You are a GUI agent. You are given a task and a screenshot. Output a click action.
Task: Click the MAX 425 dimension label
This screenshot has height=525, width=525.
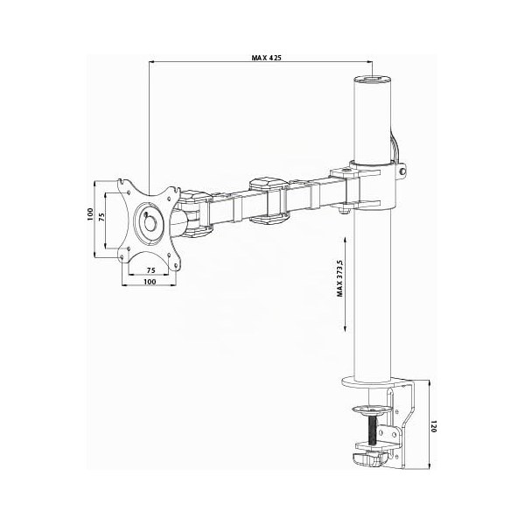(266, 58)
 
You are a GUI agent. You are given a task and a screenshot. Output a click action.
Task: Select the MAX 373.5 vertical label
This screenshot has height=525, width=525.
(340, 278)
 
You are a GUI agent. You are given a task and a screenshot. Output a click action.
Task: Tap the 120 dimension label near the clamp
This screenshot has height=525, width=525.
(434, 426)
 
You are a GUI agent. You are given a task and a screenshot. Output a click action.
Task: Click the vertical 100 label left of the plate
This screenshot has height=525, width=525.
(90, 214)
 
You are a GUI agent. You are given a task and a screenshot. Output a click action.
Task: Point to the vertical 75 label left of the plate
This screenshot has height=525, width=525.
(101, 217)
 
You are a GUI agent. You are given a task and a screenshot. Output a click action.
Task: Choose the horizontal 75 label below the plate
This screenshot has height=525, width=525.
(151, 270)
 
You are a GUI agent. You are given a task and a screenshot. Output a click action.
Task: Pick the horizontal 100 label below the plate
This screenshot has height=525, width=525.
(150, 282)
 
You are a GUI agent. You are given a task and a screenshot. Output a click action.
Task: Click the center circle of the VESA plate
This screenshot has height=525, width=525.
(150, 221)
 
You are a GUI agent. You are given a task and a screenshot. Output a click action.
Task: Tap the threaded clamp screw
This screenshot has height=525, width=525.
(373, 430)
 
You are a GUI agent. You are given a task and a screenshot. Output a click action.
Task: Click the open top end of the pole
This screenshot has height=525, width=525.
(373, 80)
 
